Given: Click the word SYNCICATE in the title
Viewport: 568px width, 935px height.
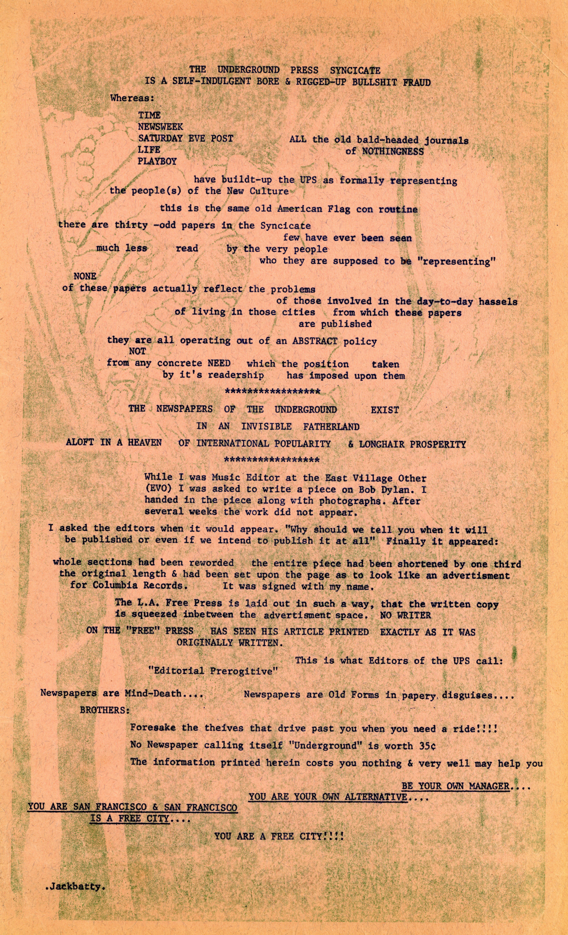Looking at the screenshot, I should pyautogui.click(x=355, y=70).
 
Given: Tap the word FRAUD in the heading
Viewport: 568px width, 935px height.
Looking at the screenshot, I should pyautogui.click(x=416, y=82).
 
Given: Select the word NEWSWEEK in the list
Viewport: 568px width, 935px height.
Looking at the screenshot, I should pyautogui.click(x=160, y=127).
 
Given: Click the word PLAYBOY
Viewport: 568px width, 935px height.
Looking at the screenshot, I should pyautogui.click(x=157, y=161).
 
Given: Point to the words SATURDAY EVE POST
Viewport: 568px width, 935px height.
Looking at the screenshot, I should pyautogui.click(x=185, y=138).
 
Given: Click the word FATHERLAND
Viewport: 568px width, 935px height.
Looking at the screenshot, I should pyautogui.click(x=331, y=426).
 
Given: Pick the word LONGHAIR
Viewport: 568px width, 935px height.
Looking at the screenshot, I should pyautogui.click(x=386, y=444).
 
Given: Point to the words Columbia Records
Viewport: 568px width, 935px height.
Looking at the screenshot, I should pyautogui.click(x=136, y=585).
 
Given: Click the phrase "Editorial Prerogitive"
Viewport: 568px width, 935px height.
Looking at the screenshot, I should pyautogui.click(x=213, y=671).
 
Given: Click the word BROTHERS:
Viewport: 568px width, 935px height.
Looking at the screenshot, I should pyautogui.click(x=105, y=710).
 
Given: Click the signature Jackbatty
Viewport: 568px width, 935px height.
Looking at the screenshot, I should pyautogui.click(x=76, y=886).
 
